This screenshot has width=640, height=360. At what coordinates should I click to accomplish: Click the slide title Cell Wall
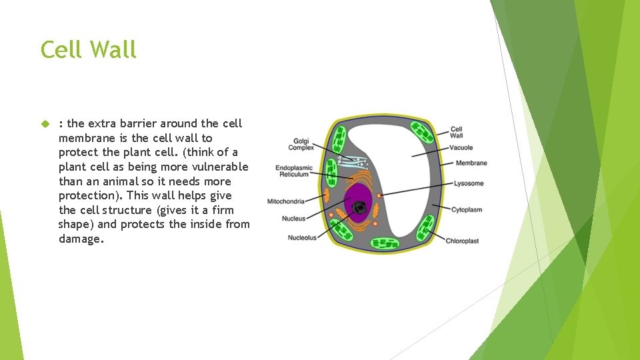tap(88, 50)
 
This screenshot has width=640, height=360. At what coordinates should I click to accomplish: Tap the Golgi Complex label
tap(301, 144)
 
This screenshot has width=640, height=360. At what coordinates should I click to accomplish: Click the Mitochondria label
tap(286, 201)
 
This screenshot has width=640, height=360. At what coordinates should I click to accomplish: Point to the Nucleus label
tap(294, 219)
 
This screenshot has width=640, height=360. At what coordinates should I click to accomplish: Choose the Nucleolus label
tap(302, 237)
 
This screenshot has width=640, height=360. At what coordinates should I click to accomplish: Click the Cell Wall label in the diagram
tap(457, 132)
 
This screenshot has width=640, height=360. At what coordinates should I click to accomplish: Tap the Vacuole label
tap(461, 147)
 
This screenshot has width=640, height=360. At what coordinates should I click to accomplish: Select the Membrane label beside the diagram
tap(471, 163)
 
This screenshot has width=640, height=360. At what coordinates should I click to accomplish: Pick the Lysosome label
tap(469, 183)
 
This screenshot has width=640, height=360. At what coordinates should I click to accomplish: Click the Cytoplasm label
tap(467, 210)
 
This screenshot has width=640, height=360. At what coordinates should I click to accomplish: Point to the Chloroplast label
tap(462, 241)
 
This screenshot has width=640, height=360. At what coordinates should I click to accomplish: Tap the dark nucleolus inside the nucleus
tap(360, 208)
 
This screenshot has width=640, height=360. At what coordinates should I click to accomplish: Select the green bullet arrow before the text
tap(45, 124)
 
